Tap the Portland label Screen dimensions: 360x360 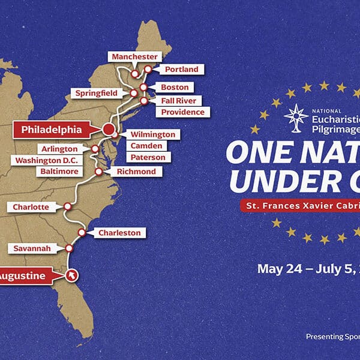[181, 70]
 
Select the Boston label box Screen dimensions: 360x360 [175, 87]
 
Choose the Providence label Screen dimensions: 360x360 [182, 112]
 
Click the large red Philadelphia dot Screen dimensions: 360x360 [109, 129]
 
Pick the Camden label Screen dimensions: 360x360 [146, 146]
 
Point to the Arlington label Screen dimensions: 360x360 [58, 149]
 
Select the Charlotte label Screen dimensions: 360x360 [31, 207]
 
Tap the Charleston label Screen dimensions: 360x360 [119, 233]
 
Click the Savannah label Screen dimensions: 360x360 [33, 248]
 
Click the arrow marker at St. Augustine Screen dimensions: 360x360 [72, 275]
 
